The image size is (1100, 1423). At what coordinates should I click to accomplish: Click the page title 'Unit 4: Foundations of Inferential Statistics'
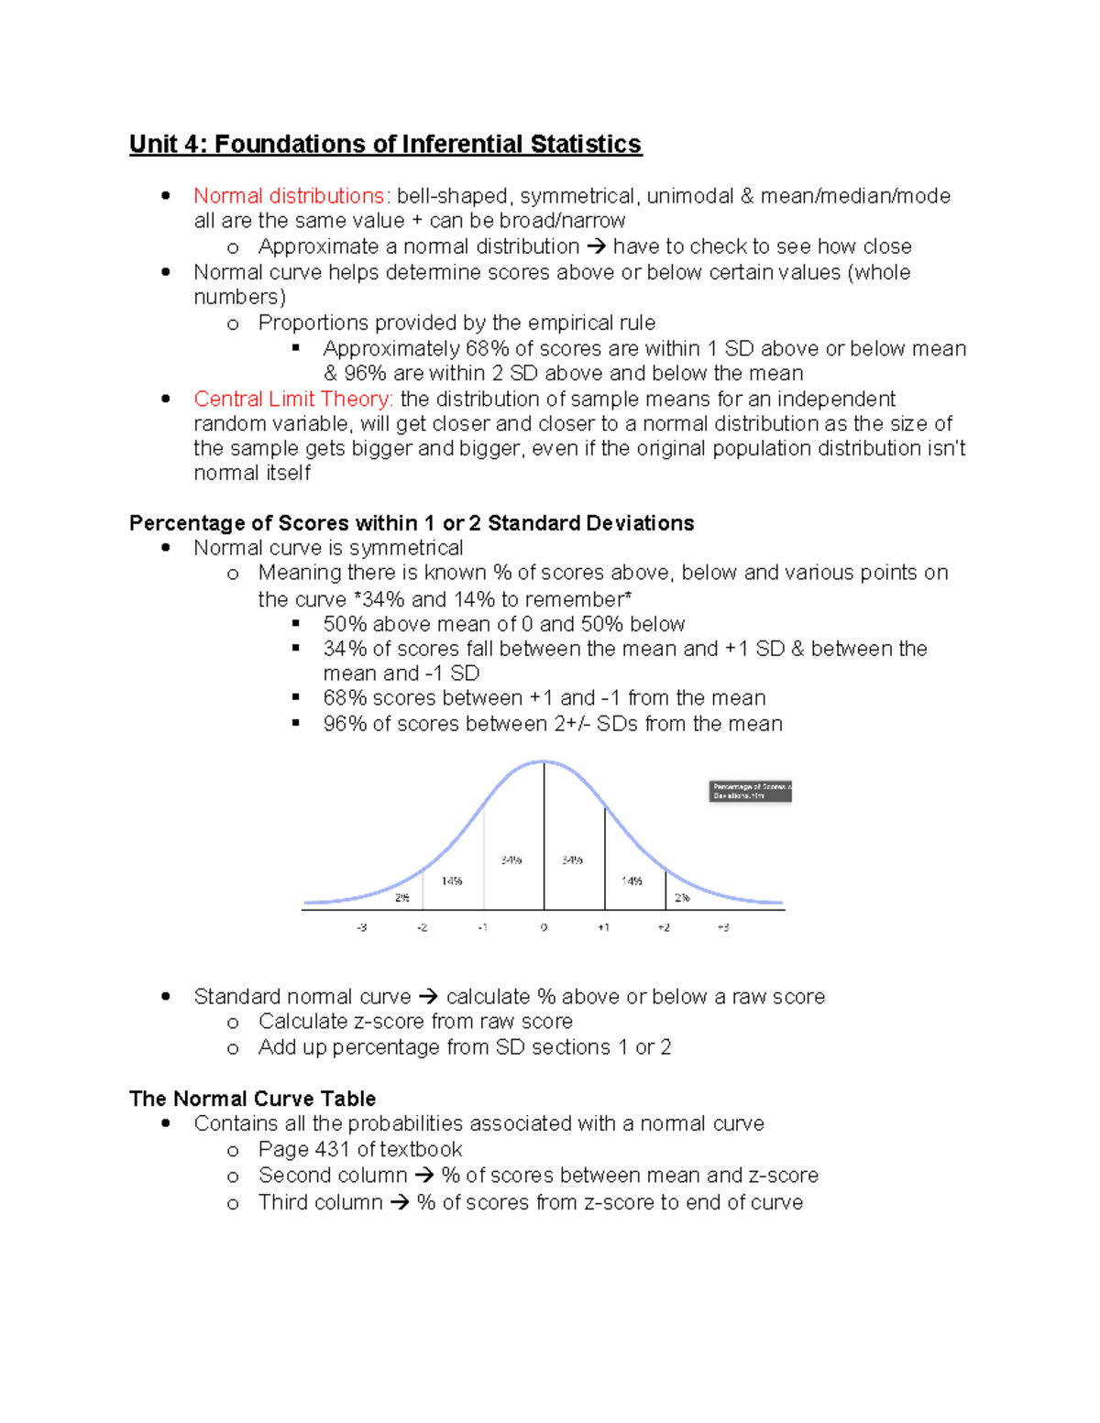coord(385,145)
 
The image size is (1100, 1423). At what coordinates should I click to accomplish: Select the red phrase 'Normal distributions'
coord(289,196)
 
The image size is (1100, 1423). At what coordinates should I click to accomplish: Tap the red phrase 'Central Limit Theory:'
coord(293,400)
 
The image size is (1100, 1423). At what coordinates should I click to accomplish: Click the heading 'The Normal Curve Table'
coord(252,1099)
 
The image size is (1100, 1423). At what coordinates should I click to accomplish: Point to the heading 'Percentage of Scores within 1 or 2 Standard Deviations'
coord(412,523)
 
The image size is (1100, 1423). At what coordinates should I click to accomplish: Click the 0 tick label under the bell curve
coord(544,928)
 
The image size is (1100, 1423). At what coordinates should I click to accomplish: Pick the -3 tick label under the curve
coord(362,928)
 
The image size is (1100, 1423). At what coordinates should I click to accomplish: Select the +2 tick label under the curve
coord(664,928)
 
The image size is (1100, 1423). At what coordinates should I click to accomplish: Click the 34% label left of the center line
coord(511,860)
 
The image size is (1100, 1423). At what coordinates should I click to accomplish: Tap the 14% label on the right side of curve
coord(632,881)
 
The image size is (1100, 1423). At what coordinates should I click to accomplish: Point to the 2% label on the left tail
coord(402,898)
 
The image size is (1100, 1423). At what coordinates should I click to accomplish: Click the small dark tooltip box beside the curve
coord(750,792)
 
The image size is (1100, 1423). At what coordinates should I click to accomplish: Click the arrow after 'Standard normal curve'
coord(428,997)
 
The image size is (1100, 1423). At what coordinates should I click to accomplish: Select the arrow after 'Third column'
coord(400,1203)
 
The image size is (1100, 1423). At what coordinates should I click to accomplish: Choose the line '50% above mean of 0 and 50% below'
coord(503,625)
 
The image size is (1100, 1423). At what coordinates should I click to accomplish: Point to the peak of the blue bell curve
coord(544,762)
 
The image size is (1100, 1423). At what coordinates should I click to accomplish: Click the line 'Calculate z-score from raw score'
coord(415,1022)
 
